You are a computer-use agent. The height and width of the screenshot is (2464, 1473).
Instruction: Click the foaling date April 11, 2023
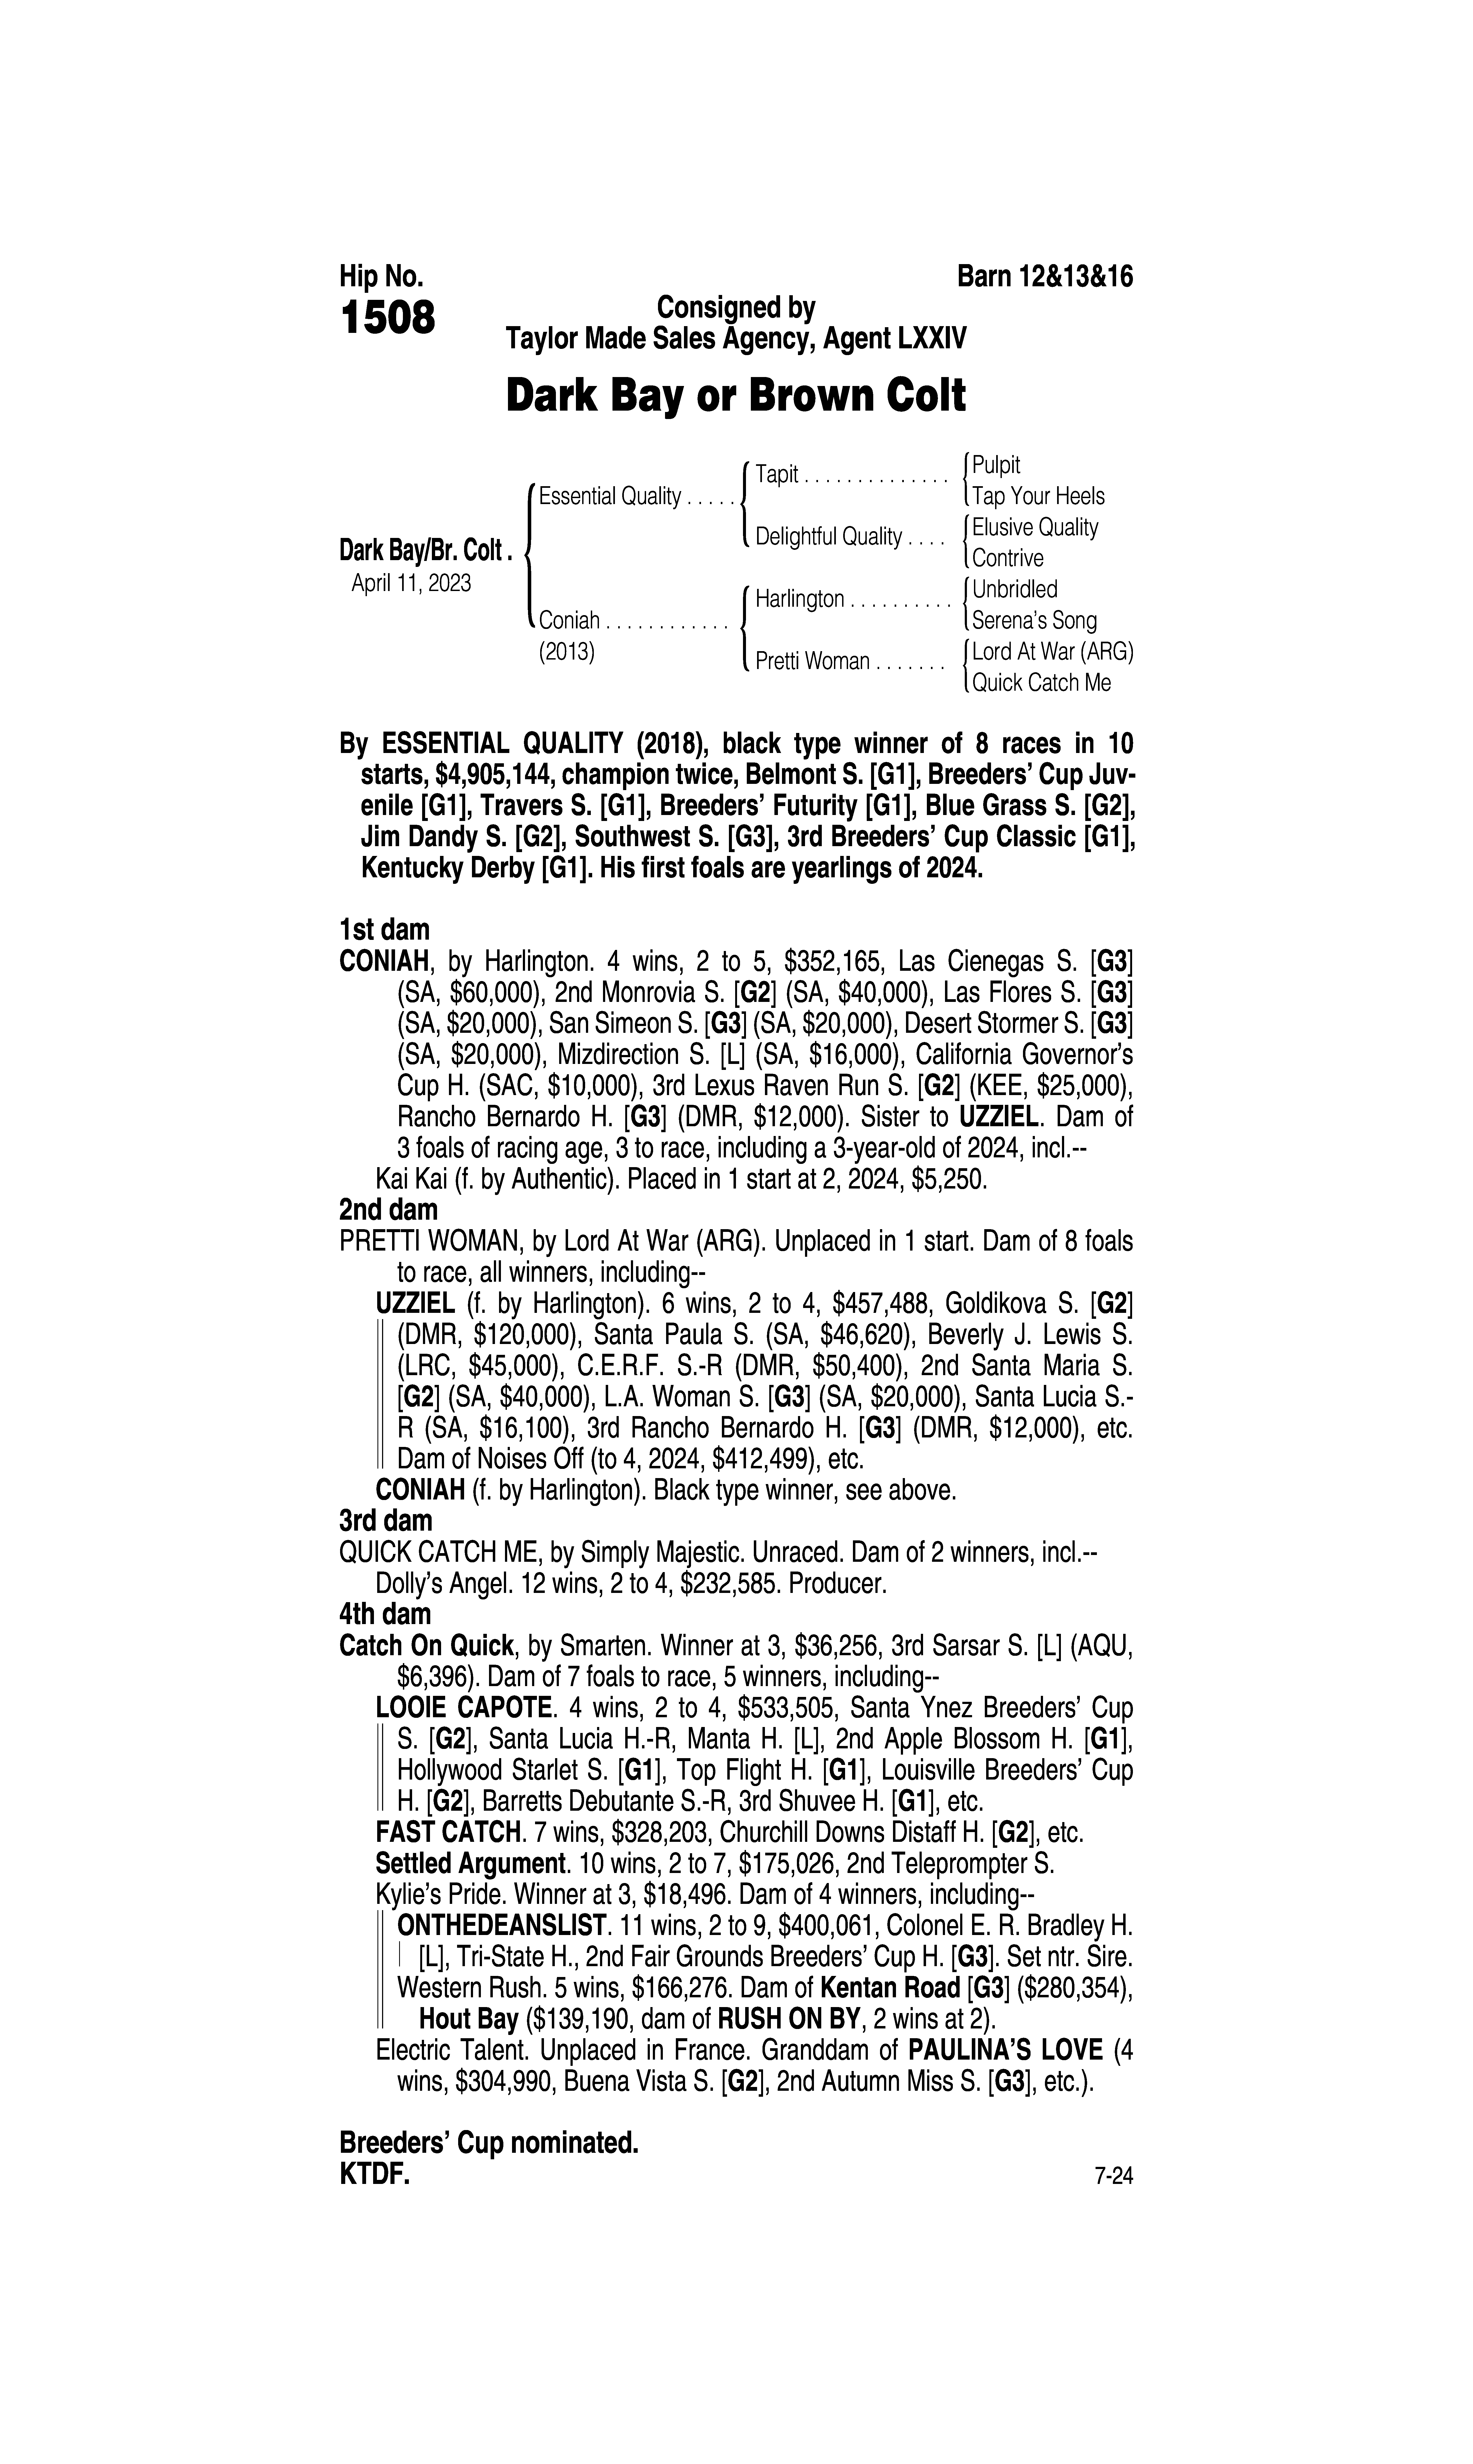(x=411, y=583)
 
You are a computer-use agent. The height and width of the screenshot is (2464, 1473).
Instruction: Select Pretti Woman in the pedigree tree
(x=812, y=661)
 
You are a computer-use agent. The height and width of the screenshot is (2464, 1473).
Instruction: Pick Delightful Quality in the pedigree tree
(x=828, y=537)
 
